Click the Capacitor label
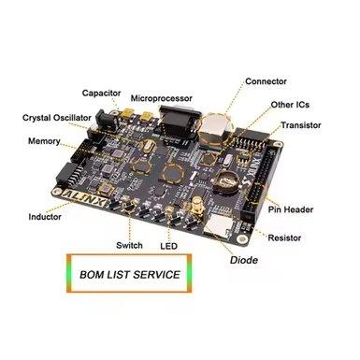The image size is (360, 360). click(101, 94)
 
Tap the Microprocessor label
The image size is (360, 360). click(161, 98)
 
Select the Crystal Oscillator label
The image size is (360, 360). click(57, 118)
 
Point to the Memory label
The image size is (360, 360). click(44, 141)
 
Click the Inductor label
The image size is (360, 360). click(45, 217)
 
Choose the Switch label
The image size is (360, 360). click(129, 245)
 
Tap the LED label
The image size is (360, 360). click(168, 246)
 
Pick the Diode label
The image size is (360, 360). click(244, 260)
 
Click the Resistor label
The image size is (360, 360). click(284, 238)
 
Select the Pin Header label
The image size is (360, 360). click(291, 209)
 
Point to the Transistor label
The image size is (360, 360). click(301, 125)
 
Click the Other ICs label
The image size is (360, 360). click(290, 105)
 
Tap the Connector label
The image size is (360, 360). click(266, 81)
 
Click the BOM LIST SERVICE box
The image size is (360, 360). click(129, 273)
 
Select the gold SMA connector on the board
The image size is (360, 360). click(197, 208)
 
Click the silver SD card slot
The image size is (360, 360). click(218, 225)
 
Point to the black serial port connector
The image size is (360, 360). click(178, 122)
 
